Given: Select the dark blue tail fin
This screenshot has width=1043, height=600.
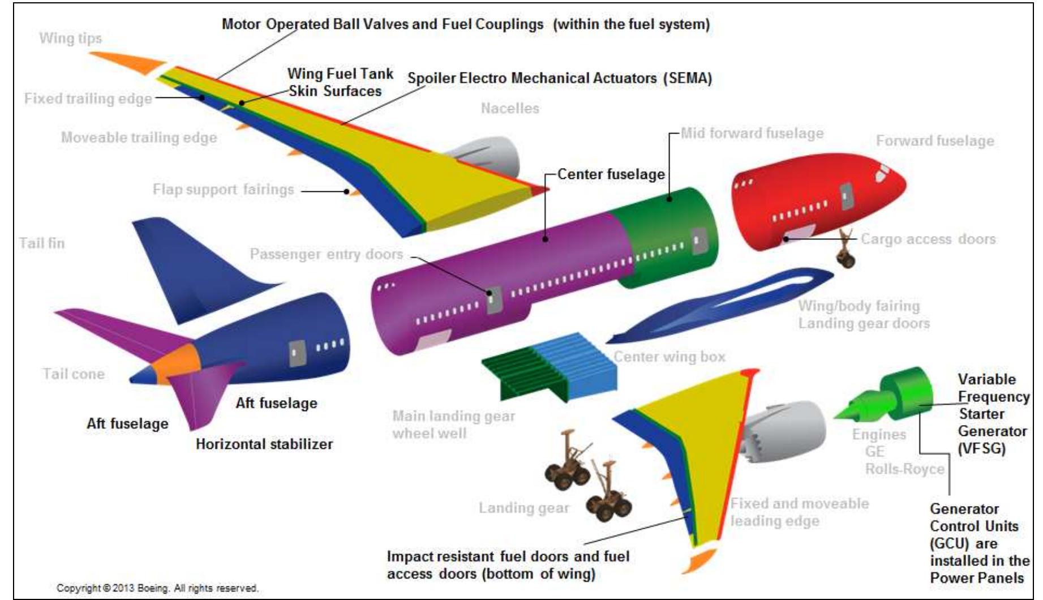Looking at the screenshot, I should tap(187, 266).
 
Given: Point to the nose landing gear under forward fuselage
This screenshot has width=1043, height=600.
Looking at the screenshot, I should tap(845, 252).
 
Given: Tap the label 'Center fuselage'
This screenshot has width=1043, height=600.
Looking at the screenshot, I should tap(611, 174).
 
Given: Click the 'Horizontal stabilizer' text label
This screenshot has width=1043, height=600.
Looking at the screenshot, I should tap(264, 444).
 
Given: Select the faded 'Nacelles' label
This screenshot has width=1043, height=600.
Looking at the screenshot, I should tap(510, 109).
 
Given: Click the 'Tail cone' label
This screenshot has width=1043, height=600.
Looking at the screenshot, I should tap(74, 374).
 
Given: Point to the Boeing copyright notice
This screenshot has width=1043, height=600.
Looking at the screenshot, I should tap(157, 589).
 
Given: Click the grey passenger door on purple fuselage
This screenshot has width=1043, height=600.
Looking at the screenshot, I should tap(494, 300).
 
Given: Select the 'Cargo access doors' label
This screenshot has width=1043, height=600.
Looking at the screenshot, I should tap(928, 239).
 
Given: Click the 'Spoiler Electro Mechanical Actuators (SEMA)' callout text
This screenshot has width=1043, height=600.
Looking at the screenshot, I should tap(559, 79).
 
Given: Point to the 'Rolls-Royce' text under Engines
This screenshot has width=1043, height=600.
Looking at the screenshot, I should tap(904, 469).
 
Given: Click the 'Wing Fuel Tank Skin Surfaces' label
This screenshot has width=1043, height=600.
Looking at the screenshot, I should tap(340, 83).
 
